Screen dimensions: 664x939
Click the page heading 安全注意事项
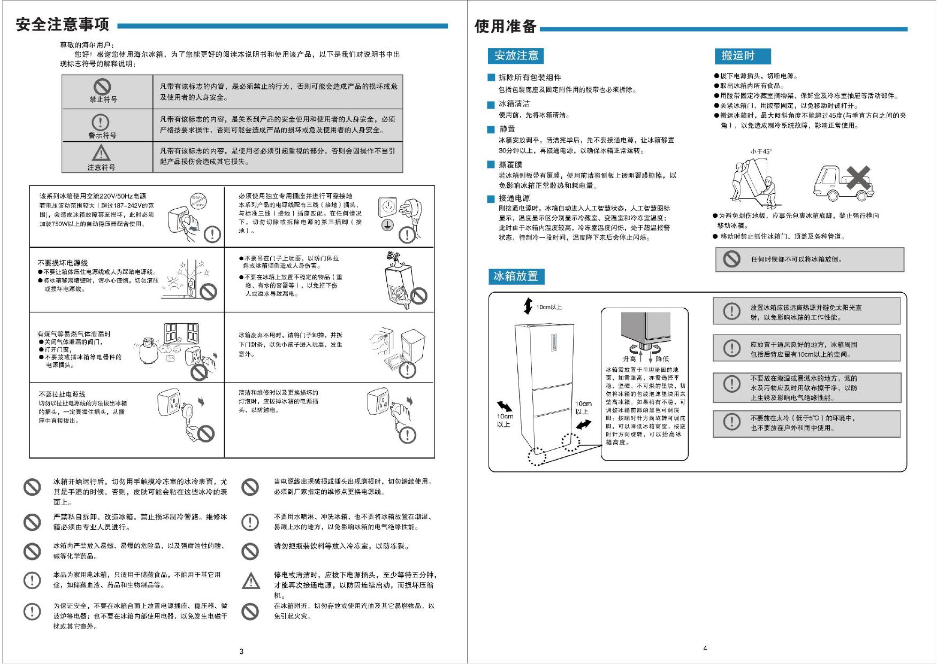click(63, 25)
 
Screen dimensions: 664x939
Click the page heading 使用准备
click(506, 26)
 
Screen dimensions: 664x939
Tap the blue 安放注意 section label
click(516, 56)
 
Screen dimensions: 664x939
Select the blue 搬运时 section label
click(742, 56)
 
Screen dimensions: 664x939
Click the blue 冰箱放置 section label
click(516, 277)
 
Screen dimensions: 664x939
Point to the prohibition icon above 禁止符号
click(102, 87)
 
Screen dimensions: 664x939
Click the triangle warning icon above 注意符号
click(101, 154)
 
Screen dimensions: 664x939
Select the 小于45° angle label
click(761, 151)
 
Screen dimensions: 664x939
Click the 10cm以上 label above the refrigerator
click(549, 307)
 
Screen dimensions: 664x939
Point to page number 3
click(241, 651)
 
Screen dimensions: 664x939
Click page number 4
click(705, 648)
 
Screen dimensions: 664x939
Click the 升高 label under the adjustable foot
click(629, 359)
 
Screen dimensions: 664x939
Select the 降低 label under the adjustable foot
click(662, 359)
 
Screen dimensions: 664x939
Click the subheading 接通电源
click(514, 199)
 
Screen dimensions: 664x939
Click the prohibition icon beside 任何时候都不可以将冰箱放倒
click(731, 259)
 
